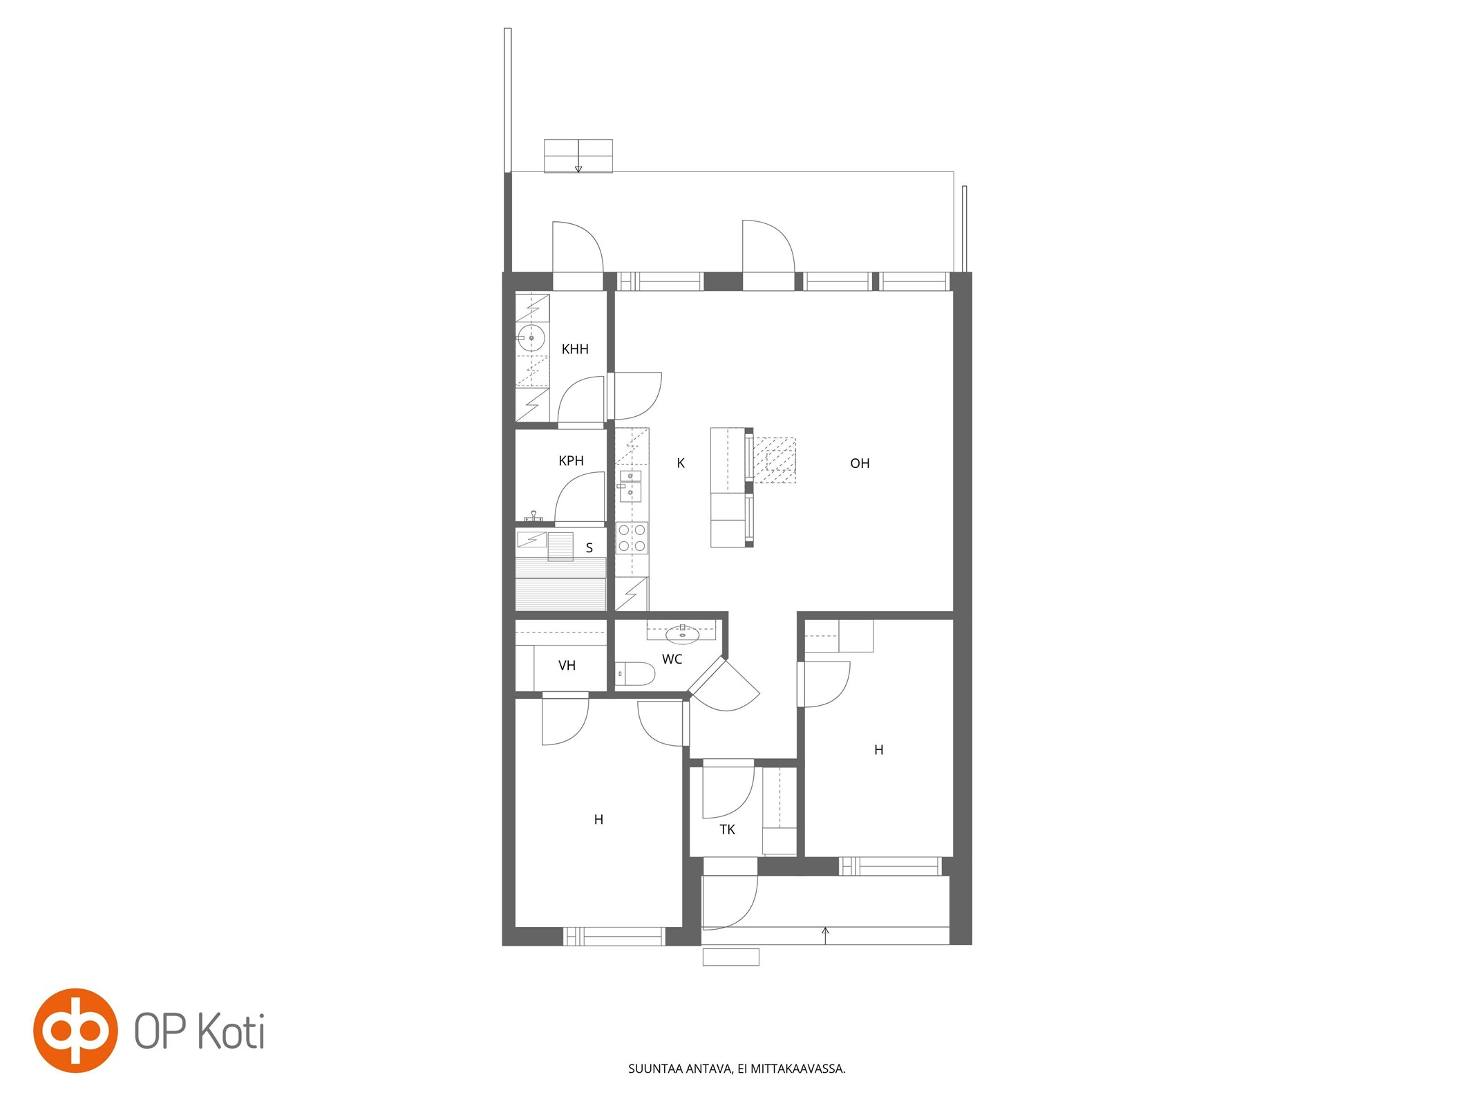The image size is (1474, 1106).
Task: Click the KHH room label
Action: pyautogui.click(x=575, y=349)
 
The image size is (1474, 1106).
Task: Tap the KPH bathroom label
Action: pyautogui.click(x=571, y=461)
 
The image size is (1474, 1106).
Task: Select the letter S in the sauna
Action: pyautogui.click(x=589, y=548)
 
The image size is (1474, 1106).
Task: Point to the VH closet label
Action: pyautogui.click(x=567, y=666)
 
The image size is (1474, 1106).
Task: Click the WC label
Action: pyautogui.click(x=672, y=659)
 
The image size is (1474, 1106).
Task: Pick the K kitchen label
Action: pyautogui.click(x=681, y=463)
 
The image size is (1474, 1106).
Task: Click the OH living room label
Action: pyautogui.click(x=860, y=463)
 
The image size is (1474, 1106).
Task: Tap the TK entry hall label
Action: pyautogui.click(x=727, y=829)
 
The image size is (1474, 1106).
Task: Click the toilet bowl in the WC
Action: pyautogui.click(x=634, y=673)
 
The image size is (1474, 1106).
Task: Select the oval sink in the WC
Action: pyautogui.click(x=682, y=634)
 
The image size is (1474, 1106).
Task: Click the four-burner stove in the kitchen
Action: pyautogui.click(x=632, y=538)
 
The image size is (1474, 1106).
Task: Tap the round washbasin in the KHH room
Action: pyautogui.click(x=531, y=338)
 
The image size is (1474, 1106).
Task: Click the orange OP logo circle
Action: pyautogui.click(x=75, y=1030)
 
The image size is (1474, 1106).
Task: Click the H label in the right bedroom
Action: pyautogui.click(x=878, y=750)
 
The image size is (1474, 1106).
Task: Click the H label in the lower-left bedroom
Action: pyautogui.click(x=598, y=820)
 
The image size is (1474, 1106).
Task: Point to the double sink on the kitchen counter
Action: pyautogui.click(x=630, y=485)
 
